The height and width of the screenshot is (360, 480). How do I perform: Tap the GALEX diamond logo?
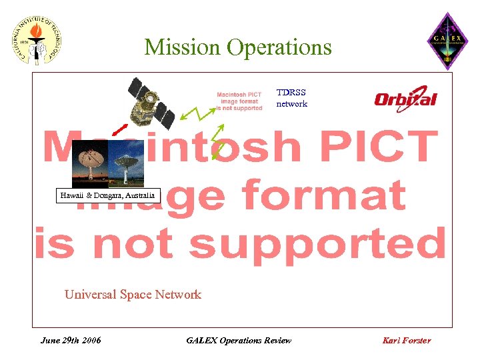pyautogui.click(x=447, y=41)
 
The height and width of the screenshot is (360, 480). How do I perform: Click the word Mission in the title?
pyautogui.click(x=182, y=47)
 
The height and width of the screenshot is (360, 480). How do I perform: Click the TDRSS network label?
pyautogui.click(x=291, y=98)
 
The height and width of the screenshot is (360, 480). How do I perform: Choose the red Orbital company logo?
pyautogui.click(x=405, y=99)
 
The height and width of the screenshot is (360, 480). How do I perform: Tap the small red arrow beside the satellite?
pyautogui.click(x=119, y=128)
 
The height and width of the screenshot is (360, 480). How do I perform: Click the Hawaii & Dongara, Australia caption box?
pyautogui.click(x=107, y=196)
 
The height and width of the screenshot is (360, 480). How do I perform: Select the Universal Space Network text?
pyautogui.click(x=133, y=294)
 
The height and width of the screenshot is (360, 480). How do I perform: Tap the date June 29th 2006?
pyautogui.click(x=71, y=340)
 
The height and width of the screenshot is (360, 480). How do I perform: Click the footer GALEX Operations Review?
pyautogui.click(x=239, y=340)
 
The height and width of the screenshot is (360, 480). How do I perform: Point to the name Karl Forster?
pyautogui.click(x=407, y=340)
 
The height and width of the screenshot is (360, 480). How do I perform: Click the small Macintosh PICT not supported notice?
pyautogui.click(x=239, y=101)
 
